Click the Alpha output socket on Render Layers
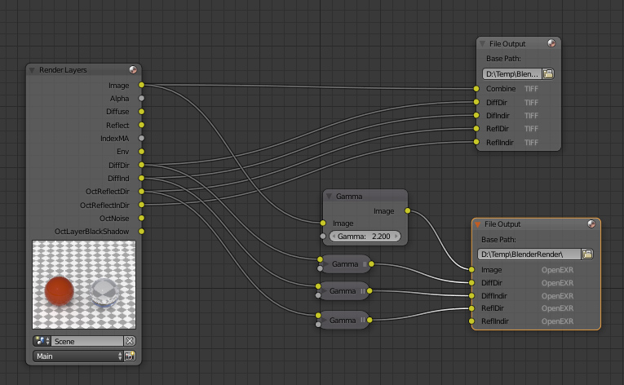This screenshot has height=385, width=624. click(x=141, y=98)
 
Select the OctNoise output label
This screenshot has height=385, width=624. click(x=114, y=218)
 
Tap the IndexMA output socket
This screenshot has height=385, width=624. click(x=141, y=138)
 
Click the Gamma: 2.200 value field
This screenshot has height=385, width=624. click(x=365, y=236)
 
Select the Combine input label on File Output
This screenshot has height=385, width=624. click(x=500, y=89)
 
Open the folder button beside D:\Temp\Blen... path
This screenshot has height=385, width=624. click(x=548, y=73)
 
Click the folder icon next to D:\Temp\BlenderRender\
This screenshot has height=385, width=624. click(x=587, y=254)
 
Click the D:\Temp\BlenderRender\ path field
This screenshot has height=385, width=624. click(x=529, y=254)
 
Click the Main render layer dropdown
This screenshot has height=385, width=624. click(x=78, y=356)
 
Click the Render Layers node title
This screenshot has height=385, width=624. click(x=63, y=70)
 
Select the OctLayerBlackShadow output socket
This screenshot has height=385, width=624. click(x=141, y=232)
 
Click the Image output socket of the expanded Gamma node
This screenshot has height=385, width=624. click(x=406, y=211)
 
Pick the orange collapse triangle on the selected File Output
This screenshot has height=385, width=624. click(x=477, y=223)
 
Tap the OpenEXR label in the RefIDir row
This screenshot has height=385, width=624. click(x=557, y=308)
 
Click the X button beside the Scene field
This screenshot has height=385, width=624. click(x=130, y=341)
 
